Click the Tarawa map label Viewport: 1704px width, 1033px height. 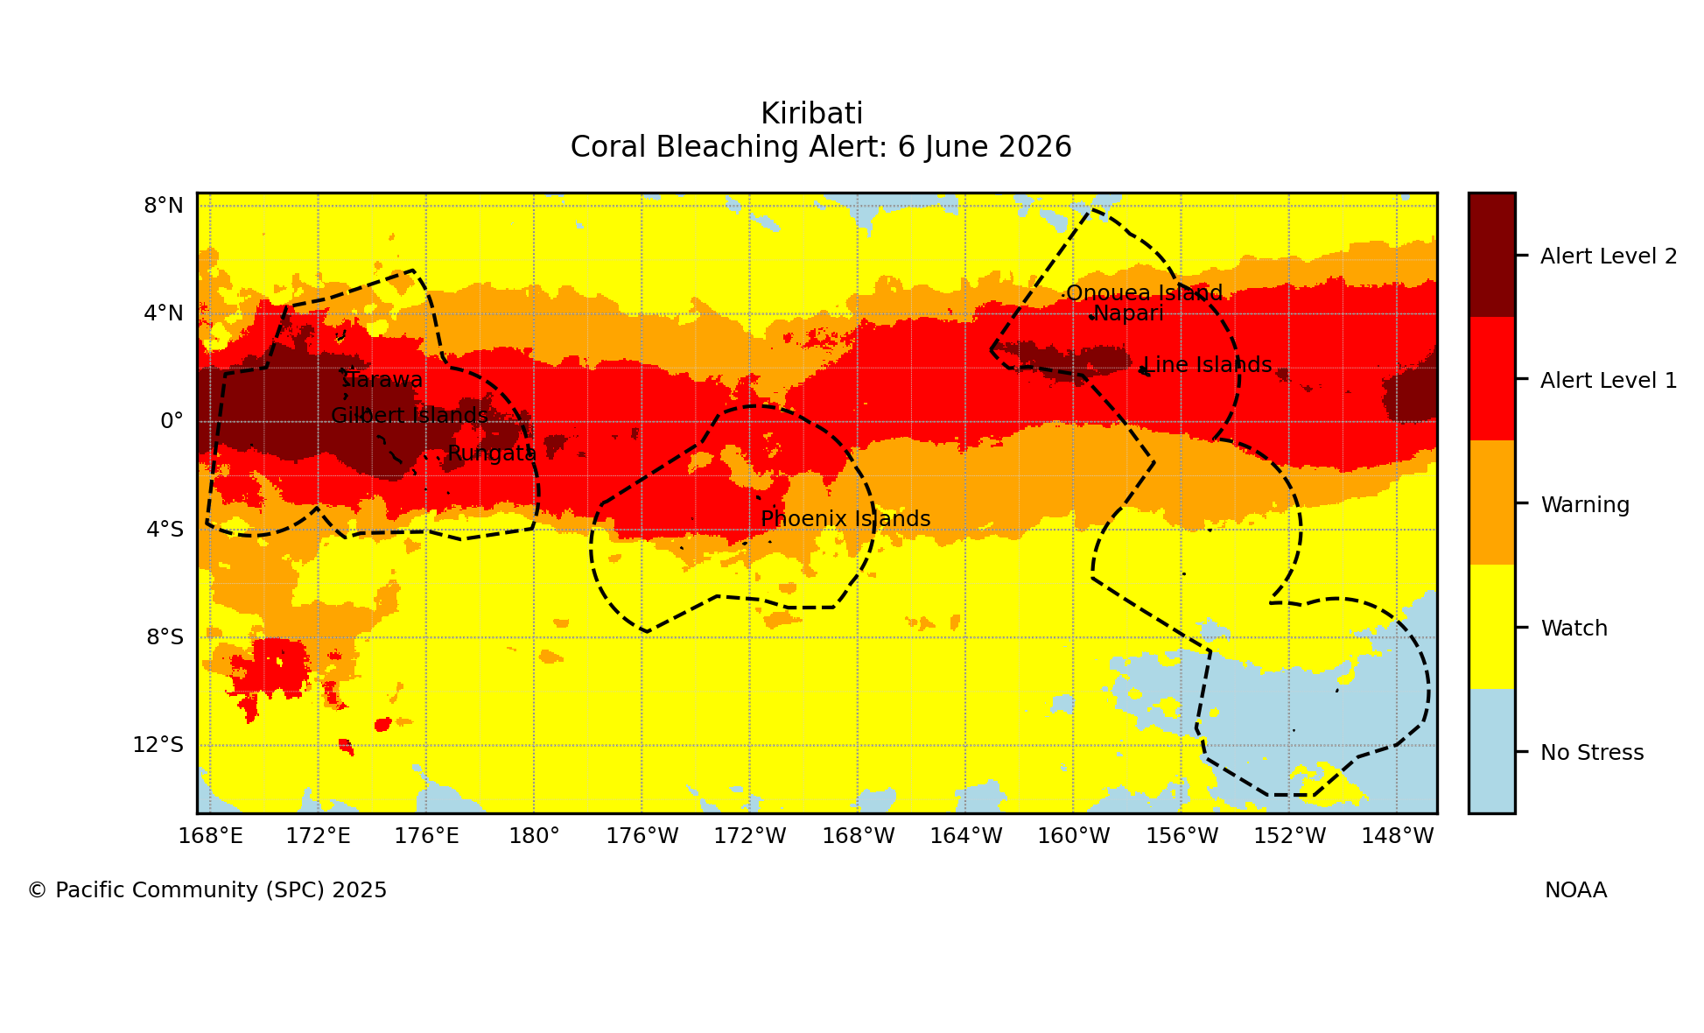[385, 380]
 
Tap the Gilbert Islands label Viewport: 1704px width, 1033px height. [410, 416]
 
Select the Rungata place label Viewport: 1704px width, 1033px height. [492, 453]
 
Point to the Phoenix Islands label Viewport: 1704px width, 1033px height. [845, 519]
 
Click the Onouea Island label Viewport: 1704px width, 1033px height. [1144, 293]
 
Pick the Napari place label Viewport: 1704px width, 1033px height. [1128, 313]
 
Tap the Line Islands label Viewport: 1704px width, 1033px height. [1208, 365]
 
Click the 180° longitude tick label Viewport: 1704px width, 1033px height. [534, 836]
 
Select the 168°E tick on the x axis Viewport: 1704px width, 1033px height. [210, 836]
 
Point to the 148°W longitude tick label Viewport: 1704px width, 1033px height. [1398, 836]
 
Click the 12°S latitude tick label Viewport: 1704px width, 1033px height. [158, 745]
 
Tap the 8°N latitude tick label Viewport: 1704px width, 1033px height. [164, 206]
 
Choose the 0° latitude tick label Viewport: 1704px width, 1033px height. [172, 421]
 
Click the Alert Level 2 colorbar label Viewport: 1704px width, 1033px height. [1609, 256]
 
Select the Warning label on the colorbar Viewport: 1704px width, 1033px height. [1585, 505]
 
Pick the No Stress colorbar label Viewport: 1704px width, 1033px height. [1592, 753]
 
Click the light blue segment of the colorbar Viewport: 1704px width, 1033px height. [1491, 751]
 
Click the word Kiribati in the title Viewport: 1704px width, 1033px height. [811, 114]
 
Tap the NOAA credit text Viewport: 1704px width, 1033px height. [1575, 890]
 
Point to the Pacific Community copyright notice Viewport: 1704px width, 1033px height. [207, 890]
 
